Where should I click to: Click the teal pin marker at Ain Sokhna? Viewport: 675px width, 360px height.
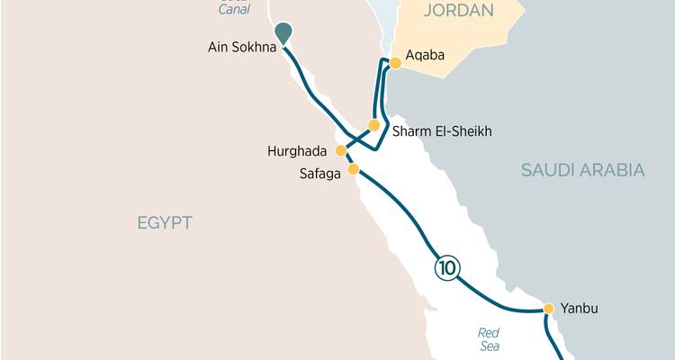[x=283, y=32]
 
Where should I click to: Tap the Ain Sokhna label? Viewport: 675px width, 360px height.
[x=240, y=44]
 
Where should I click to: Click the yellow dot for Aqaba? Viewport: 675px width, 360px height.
[x=394, y=63]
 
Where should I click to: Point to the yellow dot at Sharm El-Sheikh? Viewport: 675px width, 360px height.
[x=374, y=125]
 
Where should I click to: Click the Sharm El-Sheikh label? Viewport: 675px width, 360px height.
[x=441, y=132]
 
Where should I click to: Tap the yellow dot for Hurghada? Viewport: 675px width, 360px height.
[x=341, y=150]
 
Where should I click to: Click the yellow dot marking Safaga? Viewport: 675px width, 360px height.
[x=354, y=169]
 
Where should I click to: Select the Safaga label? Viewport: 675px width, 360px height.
[x=319, y=174]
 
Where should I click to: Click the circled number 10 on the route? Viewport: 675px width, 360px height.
[x=446, y=267]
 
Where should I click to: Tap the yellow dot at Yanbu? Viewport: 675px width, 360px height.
[x=548, y=309]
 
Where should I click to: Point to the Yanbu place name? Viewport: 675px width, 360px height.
[x=579, y=309]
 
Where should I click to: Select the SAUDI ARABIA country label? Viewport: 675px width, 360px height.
[x=583, y=170]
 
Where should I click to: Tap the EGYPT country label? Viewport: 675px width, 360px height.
[x=165, y=223]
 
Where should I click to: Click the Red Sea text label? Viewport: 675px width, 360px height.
[x=489, y=339]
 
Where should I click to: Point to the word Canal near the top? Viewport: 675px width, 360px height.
[x=234, y=10]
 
